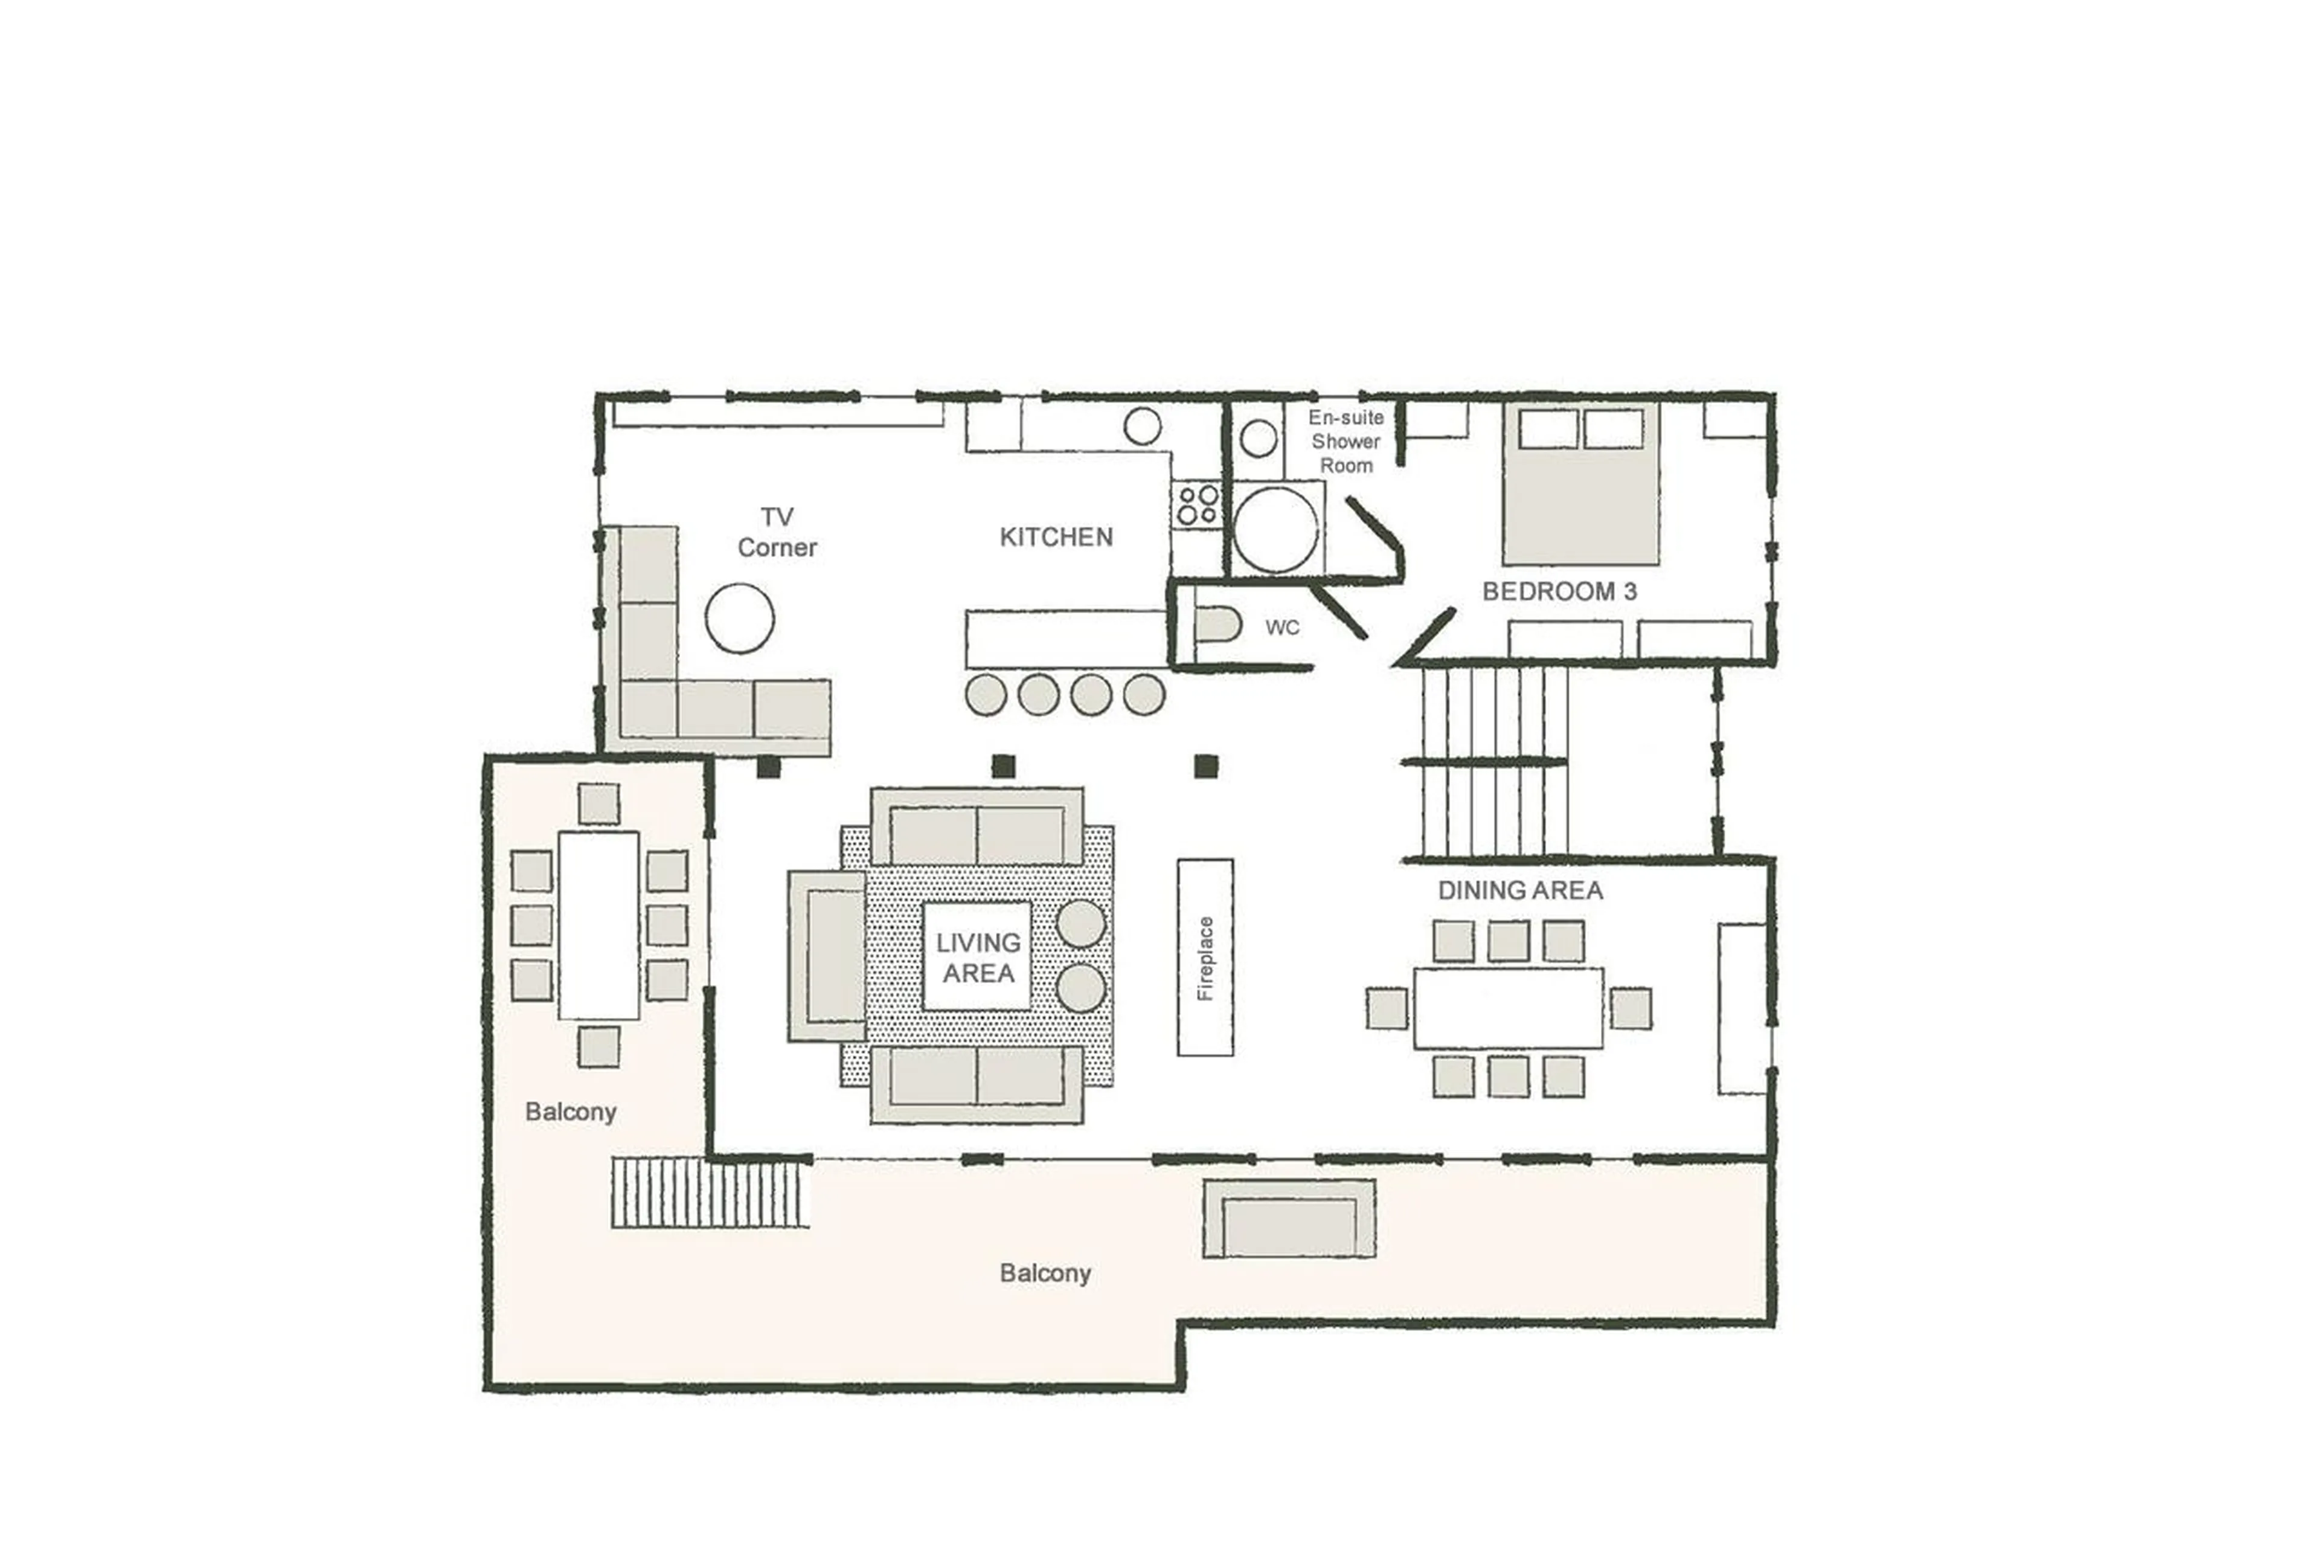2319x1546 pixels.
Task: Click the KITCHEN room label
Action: click(x=1056, y=537)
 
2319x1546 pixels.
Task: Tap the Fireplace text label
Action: click(x=1204, y=958)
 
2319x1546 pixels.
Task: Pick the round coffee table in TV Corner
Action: click(x=739, y=618)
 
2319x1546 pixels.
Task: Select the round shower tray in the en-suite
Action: click(x=1275, y=529)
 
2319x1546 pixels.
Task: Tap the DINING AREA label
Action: click(x=1519, y=891)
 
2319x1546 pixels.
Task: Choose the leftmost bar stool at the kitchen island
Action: click(x=986, y=695)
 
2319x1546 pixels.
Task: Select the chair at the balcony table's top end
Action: click(x=598, y=804)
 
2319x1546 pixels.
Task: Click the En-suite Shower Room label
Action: click(x=1346, y=442)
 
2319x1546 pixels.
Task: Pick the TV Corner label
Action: click(x=777, y=532)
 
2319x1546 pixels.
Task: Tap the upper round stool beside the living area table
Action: click(x=1080, y=924)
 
